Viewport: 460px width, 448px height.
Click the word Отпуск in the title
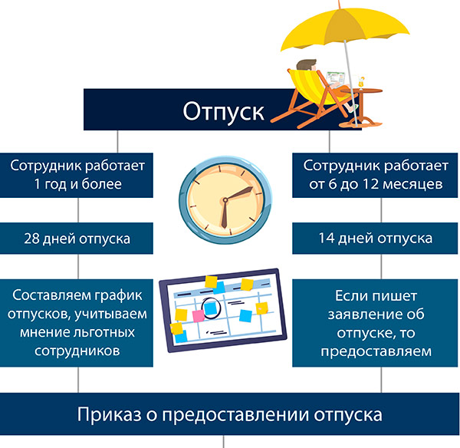click(x=223, y=111)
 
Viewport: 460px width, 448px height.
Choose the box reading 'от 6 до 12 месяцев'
click(x=373, y=184)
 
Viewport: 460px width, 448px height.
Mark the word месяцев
click(x=415, y=184)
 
